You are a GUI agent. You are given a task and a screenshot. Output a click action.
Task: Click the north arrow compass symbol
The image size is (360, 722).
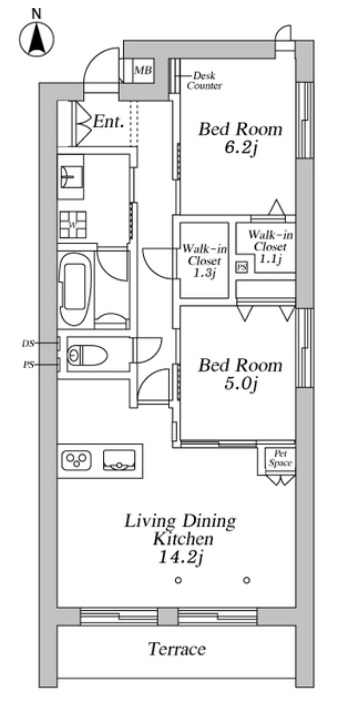pyautogui.click(x=36, y=38)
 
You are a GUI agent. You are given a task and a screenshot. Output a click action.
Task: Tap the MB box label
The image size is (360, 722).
pyautogui.click(x=143, y=70)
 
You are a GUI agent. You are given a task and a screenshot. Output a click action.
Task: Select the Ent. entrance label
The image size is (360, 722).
pyautogui.click(x=109, y=122)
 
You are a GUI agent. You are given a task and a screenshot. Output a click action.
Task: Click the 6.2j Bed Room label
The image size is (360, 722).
pyautogui.click(x=240, y=140)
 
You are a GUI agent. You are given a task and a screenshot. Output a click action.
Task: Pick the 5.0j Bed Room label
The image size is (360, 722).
pyautogui.click(x=240, y=375)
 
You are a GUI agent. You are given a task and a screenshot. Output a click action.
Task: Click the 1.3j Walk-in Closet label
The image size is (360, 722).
pyautogui.click(x=204, y=261)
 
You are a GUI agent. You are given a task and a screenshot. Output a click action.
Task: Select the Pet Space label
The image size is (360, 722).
pyautogui.click(x=280, y=459)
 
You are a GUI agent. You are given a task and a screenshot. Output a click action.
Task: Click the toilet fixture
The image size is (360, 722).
pyautogui.click(x=87, y=355)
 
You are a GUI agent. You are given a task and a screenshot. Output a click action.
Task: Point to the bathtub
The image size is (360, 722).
pyautogui.click(x=75, y=287)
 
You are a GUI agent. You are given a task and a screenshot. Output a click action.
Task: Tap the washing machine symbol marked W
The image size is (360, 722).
pyautogui.click(x=72, y=224)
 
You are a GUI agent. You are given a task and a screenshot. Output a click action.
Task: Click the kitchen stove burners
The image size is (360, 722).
pyautogui.click(x=77, y=460)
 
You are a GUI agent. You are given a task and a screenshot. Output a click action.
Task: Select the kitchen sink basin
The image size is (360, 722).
pyautogui.click(x=119, y=460)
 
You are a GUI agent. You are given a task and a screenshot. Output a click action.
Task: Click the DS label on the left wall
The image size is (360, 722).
pyautogui.click(x=28, y=343)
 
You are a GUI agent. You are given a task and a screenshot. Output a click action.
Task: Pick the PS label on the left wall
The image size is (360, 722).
pyautogui.click(x=29, y=365)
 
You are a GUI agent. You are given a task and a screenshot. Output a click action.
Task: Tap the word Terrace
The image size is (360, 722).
pyautogui.click(x=177, y=649)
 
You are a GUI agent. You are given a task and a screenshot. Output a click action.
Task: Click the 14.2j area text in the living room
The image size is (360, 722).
pyautogui.click(x=180, y=558)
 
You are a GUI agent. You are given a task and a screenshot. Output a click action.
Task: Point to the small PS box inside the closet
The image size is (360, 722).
pyautogui.click(x=241, y=267)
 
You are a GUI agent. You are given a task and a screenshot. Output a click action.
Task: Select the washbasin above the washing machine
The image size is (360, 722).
pyautogui.click(x=70, y=177)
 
